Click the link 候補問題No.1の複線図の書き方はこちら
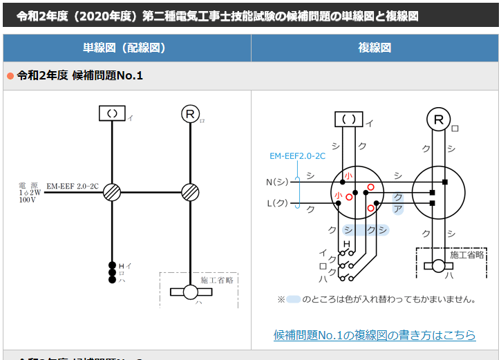(x=375, y=335)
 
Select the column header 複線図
(x=375, y=48)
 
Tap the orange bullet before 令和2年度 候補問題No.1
(x=10, y=75)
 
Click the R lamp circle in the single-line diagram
(x=190, y=114)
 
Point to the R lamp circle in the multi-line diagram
(x=438, y=120)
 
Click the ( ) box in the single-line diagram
(x=112, y=113)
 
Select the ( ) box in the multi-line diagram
(x=349, y=120)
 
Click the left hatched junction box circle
(x=112, y=192)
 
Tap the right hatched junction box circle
(x=190, y=192)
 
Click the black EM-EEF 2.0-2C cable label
(x=73, y=187)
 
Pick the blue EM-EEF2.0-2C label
(x=297, y=156)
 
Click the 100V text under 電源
(x=28, y=200)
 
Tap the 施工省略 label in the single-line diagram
(x=217, y=281)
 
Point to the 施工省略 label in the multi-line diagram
(x=466, y=255)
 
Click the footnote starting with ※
(x=377, y=300)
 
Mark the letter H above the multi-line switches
(x=347, y=245)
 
